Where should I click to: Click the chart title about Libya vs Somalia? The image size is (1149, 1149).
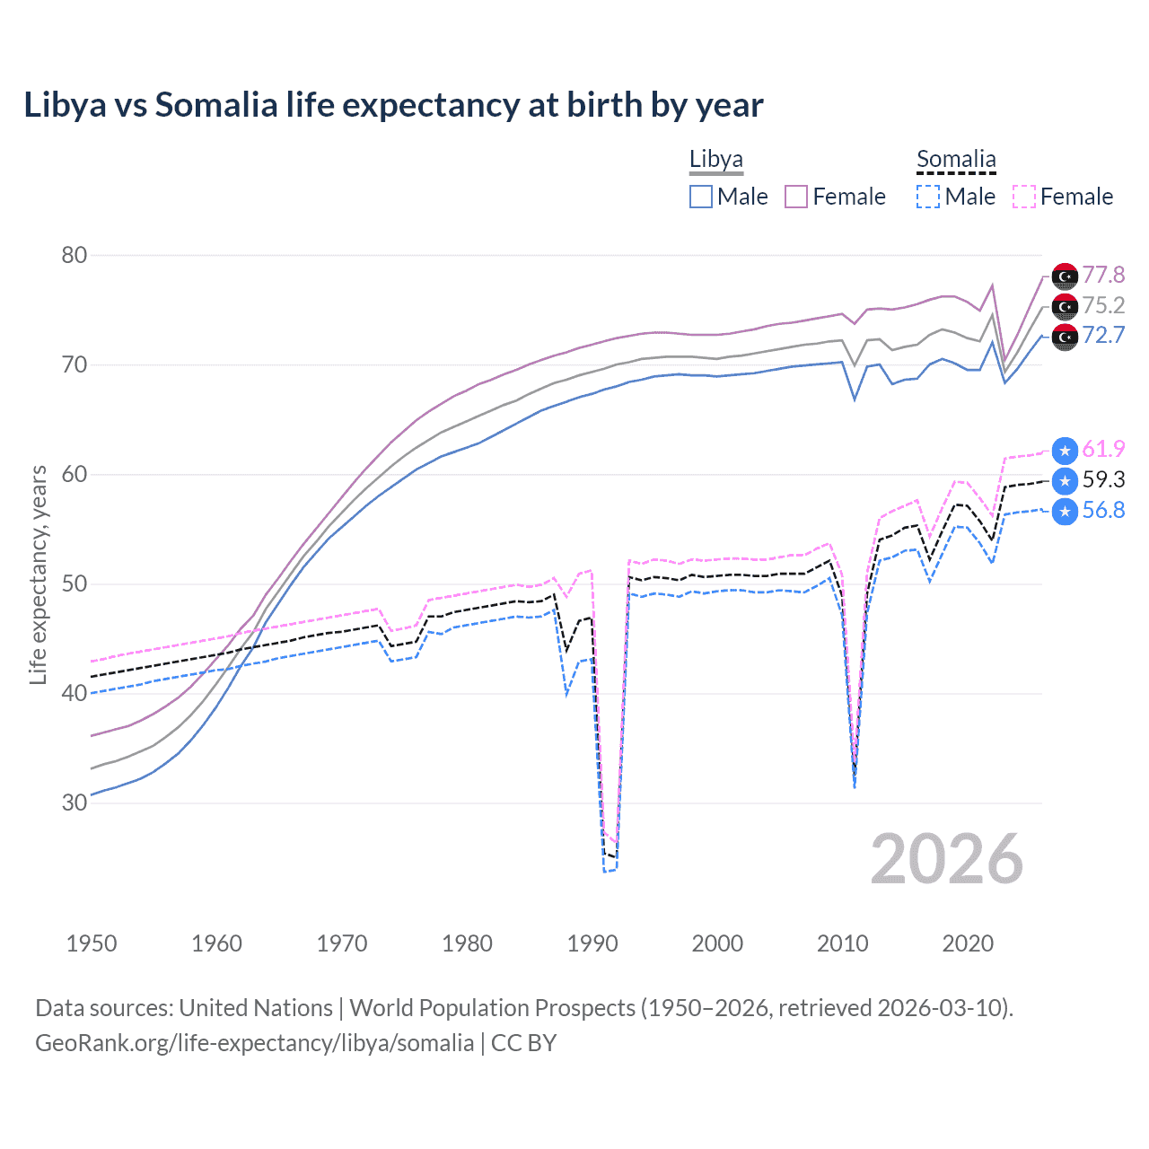[x=393, y=105]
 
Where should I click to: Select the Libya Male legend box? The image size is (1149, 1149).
[x=701, y=197]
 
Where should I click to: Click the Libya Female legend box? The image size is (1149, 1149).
[x=796, y=197]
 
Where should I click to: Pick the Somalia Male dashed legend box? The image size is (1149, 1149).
[x=928, y=197]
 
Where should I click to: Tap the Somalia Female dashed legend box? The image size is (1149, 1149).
[x=1024, y=197]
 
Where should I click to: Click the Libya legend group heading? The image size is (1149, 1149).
[x=715, y=160]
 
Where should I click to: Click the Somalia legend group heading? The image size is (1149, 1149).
[x=956, y=160]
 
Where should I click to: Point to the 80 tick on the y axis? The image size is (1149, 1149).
[x=75, y=255]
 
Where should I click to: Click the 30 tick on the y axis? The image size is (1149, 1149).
[x=75, y=803]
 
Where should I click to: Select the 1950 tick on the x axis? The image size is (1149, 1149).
[x=92, y=943]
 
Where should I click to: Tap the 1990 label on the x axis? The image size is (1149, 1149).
[x=592, y=943]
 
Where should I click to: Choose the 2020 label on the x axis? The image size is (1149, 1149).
[x=968, y=943]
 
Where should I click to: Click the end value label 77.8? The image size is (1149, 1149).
[x=1103, y=275]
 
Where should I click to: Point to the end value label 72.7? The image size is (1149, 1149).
[x=1103, y=336]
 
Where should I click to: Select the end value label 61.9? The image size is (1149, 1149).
[x=1103, y=449]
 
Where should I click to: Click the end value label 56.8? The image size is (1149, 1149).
[x=1103, y=511]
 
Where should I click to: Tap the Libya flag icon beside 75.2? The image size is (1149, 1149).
[x=1065, y=306]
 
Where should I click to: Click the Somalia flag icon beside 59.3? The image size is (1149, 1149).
[x=1065, y=480]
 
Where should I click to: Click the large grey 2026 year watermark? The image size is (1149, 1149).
[x=947, y=859]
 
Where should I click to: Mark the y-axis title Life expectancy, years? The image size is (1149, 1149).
[x=38, y=574]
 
